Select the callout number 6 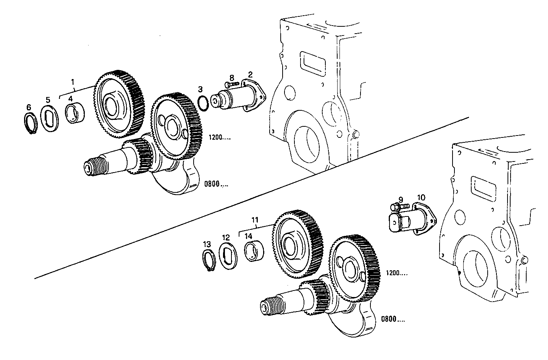pyautogui.click(x=29, y=108)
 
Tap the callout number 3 pyautogui.click(x=200, y=89)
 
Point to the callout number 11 pyautogui.click(x=255, y=220)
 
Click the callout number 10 pyautogui.click(x=421, y=197)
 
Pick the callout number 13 pyautogui.click(x=207, y=244)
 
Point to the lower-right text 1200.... pyautogui.click(x=396, y=273)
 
